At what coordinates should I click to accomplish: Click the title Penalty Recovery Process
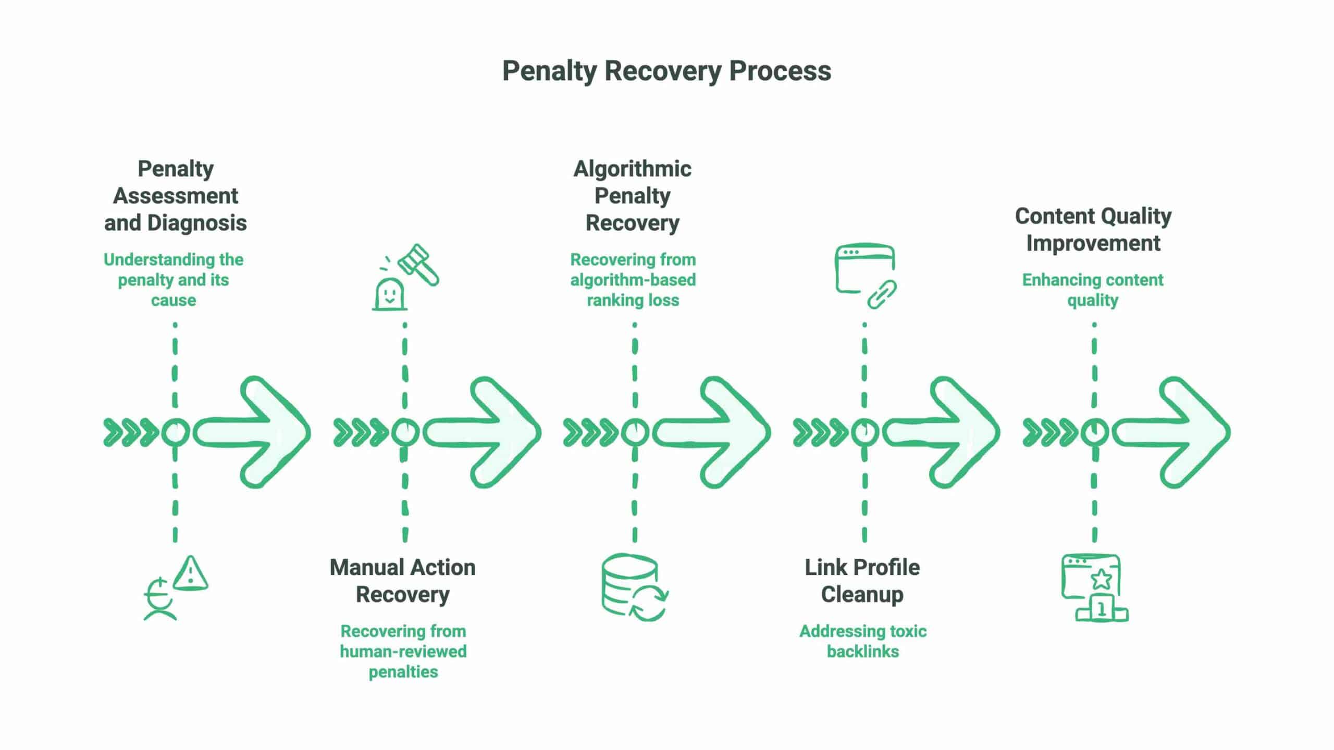666,71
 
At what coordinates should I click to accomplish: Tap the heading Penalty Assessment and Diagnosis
176,196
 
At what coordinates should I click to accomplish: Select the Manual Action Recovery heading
402,581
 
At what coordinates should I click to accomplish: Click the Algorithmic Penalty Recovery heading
633,196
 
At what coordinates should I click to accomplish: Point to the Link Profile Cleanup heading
862,581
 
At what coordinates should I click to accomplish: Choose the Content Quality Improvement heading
1093,229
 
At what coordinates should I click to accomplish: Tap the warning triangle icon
190,573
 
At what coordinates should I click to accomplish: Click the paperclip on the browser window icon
882,294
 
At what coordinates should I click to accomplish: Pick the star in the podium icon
1101,579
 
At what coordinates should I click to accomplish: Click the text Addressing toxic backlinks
863,641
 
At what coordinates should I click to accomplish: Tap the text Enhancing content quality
1093,290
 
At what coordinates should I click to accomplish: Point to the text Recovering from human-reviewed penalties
403,651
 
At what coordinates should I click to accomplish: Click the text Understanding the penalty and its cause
174,280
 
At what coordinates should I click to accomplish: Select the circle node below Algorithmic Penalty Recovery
635,432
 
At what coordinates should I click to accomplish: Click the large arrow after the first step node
253,432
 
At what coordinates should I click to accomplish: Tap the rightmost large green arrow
1172,432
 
